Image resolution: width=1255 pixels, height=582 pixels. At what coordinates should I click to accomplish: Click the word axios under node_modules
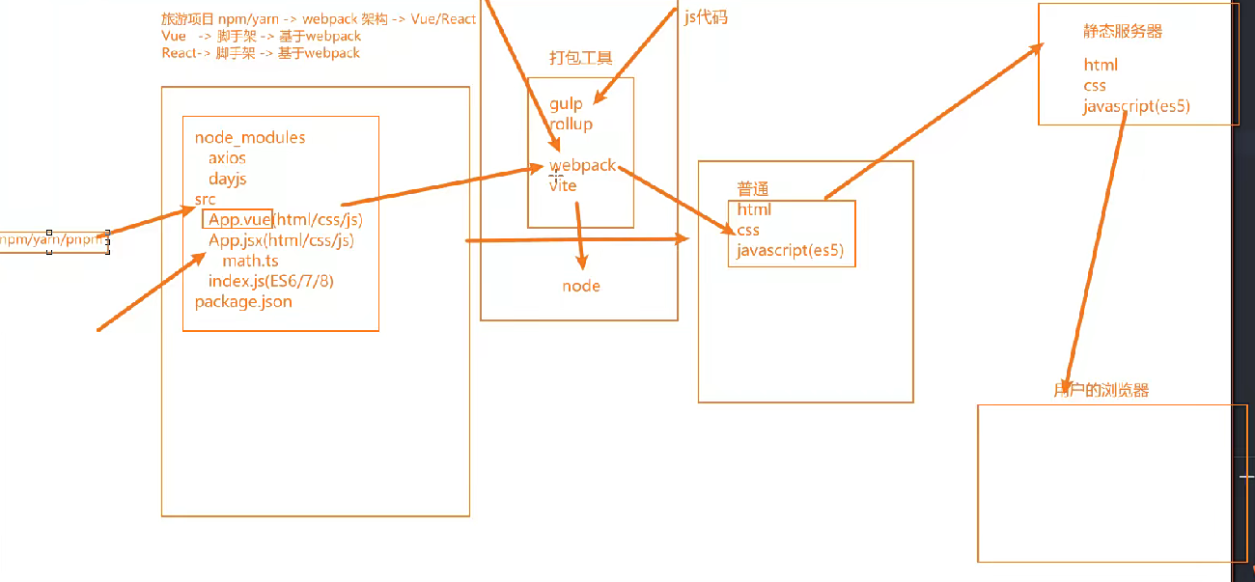click(227, 158)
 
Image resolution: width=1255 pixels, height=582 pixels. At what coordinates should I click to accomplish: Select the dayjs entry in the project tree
click(227, 180)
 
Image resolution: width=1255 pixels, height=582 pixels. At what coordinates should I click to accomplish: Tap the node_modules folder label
click(249, 138)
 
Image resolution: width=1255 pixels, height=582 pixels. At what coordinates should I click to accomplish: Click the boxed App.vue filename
click(238, 220)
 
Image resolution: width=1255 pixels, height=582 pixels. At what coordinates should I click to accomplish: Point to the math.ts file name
click(250, 261)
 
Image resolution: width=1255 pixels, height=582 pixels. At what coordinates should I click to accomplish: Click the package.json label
click(242, 302)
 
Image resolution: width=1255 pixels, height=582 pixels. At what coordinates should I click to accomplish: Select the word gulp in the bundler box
click(566, 104)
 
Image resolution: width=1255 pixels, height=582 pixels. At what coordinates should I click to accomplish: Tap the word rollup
click(571, 125)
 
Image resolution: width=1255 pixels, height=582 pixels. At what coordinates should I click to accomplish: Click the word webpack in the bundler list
click(582, 165)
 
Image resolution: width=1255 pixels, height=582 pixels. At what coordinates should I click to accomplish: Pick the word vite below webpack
click(563, 185)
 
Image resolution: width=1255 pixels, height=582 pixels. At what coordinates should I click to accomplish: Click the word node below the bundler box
click(581, 286)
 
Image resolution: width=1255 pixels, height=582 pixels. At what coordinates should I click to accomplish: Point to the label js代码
click(705, 17)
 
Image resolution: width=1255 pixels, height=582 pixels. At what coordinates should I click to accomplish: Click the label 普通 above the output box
click(752, 188)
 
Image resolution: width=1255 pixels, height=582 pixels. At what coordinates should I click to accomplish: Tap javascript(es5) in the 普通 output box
click(790, 251)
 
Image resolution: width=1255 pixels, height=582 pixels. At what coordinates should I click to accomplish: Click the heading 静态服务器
click(1123, 32)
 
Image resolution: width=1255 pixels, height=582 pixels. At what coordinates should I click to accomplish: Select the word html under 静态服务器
click(1101, 66)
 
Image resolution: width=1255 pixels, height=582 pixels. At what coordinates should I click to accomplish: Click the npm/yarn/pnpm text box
click(52, 240)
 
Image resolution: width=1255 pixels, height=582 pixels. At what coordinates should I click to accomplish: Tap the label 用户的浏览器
click(1101, 391)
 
